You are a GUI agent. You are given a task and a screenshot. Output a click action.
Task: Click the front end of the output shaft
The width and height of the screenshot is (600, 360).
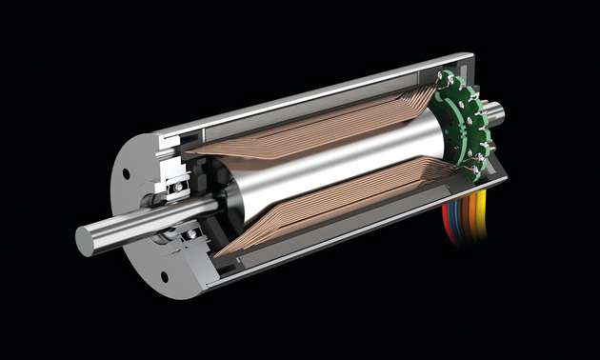point(84,241)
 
